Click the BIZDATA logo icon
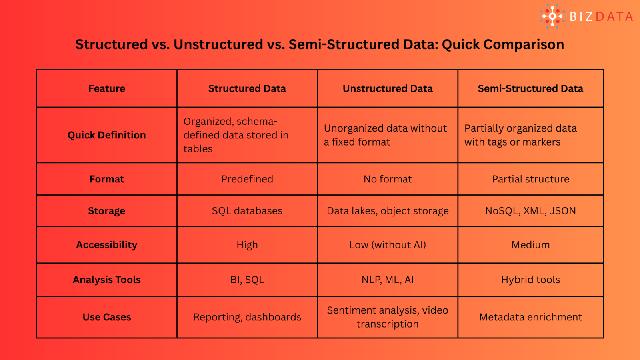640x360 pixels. tap(552, 16)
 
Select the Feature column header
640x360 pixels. tap(106, 88)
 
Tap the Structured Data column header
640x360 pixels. tap(247, 88)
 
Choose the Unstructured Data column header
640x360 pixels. tap(388, 88)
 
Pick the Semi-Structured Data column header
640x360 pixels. tap(530, 88)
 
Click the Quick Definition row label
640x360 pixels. tap(106, 135)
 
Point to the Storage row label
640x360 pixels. tap(106, 211)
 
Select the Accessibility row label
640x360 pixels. tap(106, 245)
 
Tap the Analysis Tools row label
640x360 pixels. tap(106, 280)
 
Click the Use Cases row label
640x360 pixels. tap(106, 317)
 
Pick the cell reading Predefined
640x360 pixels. tap(247, 179)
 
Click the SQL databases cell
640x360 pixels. tap(247, 211)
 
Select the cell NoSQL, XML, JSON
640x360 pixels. tap(530, 211)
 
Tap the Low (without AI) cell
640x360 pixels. tap(388, 245)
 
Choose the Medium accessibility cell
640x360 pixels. tap(530, 245)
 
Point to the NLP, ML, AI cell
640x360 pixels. tap(388, 280)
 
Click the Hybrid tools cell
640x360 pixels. tap(530, 280)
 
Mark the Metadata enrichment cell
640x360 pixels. tap(530, 317)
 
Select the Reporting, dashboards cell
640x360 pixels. tap(247, 317)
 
